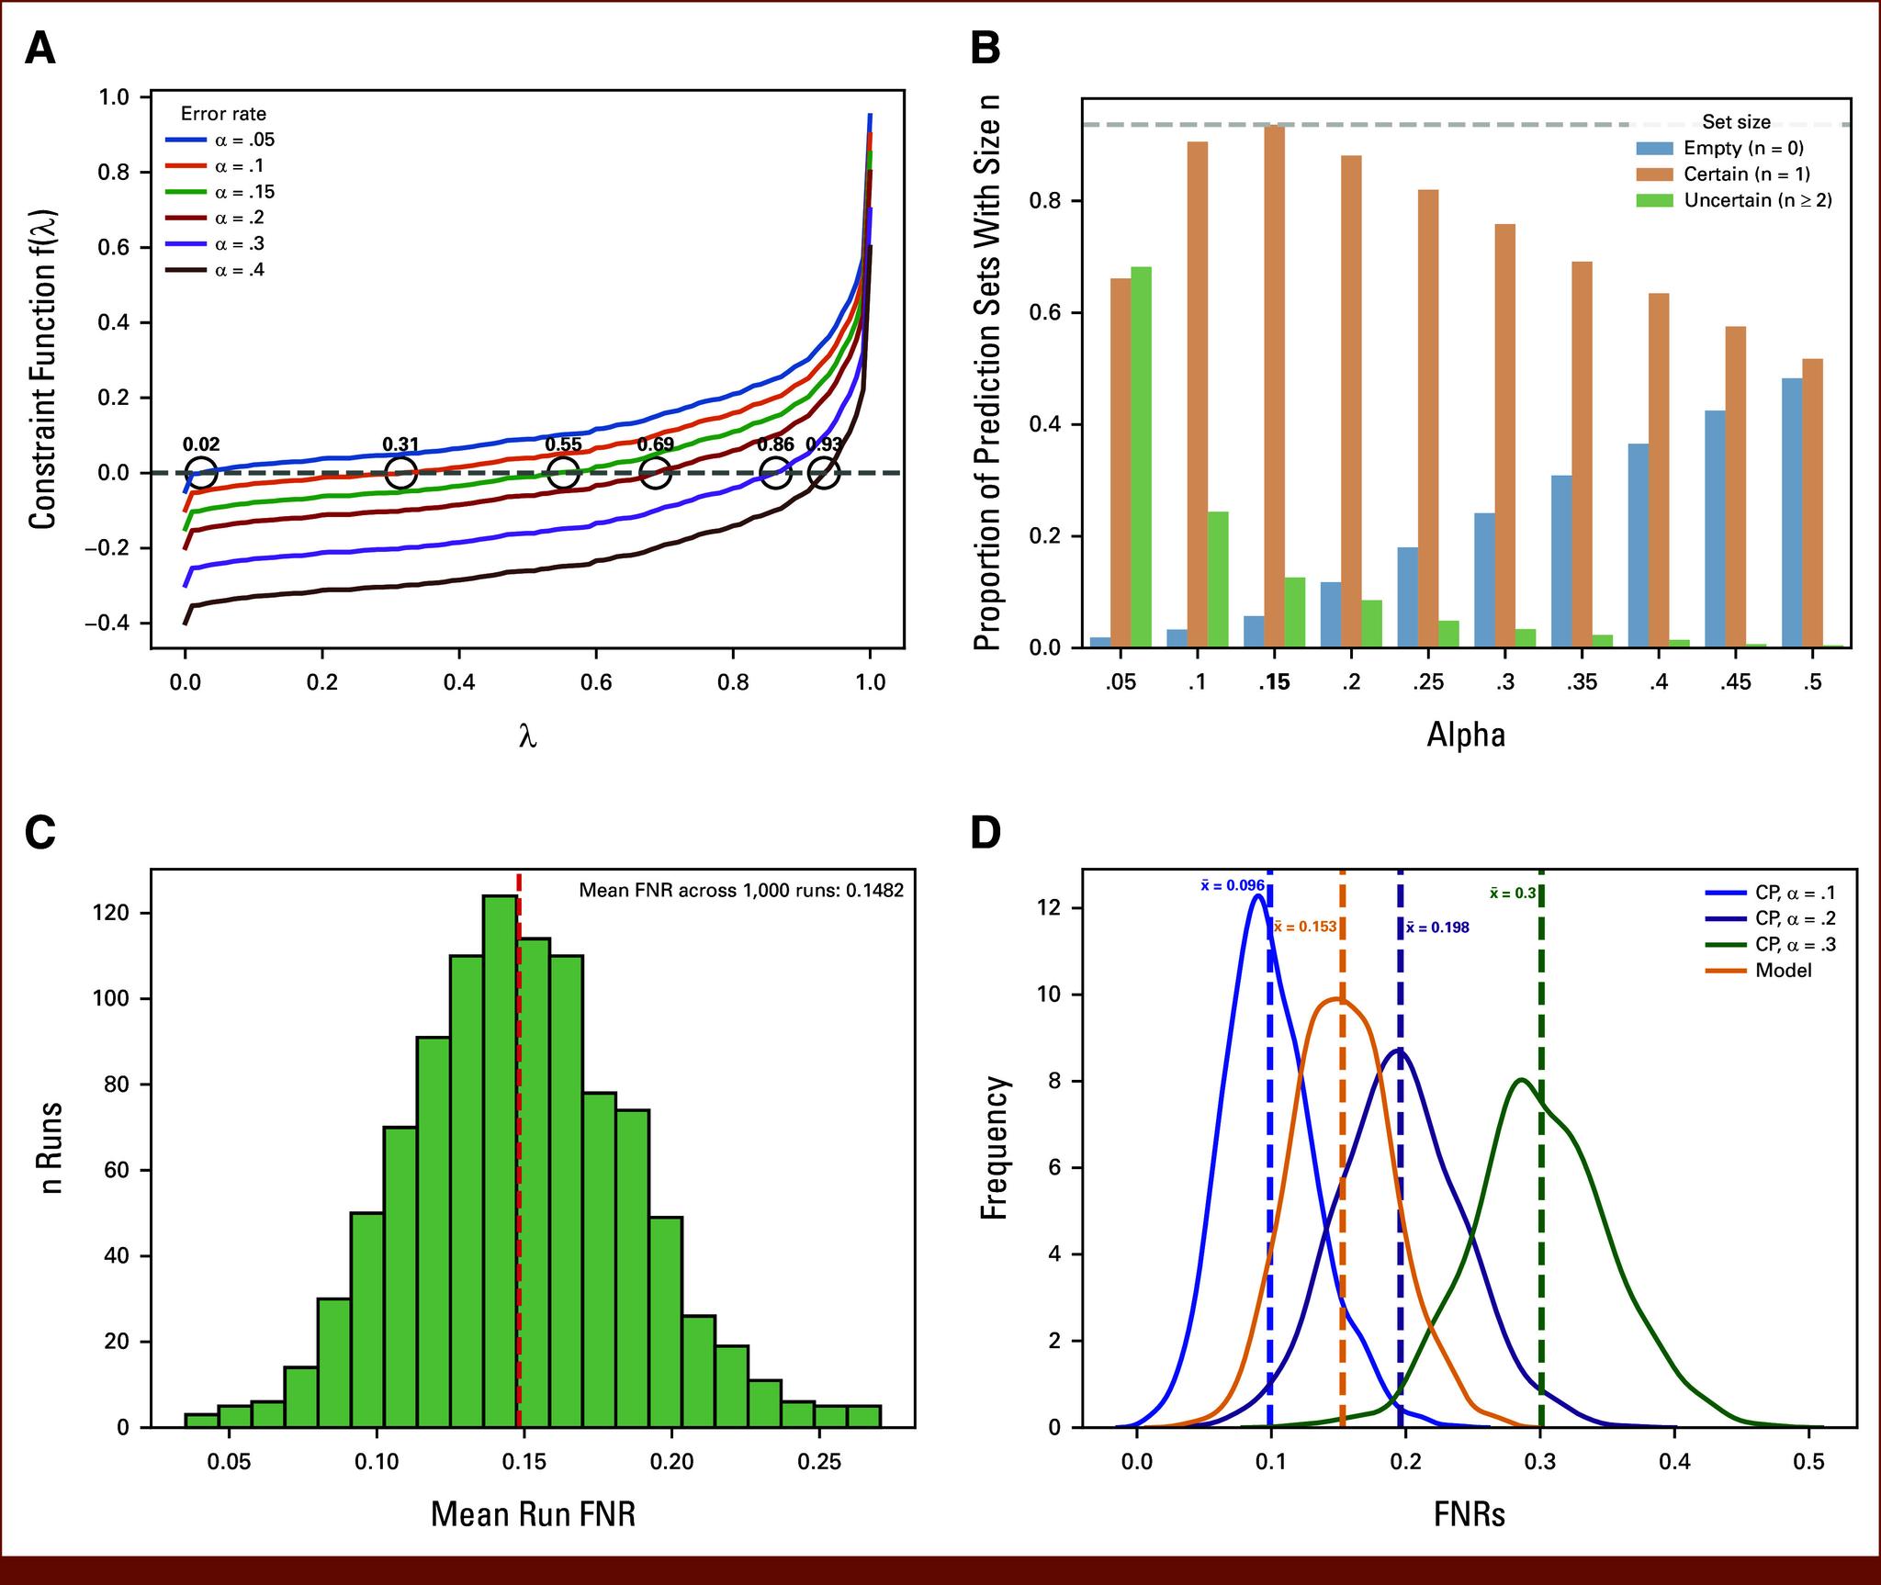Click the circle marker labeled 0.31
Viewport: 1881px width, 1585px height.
[x=400, y=474]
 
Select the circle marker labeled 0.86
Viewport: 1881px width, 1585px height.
[x=776, y=474]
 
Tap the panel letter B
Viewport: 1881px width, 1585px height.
[x=986, y=49]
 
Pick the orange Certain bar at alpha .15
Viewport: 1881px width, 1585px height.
[x=1274, y=386]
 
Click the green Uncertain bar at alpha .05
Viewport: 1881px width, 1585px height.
[x=1141, y=456]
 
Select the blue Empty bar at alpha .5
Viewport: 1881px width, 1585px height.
[x=1791, y=512]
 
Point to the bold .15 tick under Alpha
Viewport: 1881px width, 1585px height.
[x=1272, y=682]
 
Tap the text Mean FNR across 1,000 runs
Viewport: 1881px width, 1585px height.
[x=740, y=890]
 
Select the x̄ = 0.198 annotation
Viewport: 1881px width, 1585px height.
[x=1437, y=927]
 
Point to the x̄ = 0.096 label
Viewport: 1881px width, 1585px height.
[x=1232, y=886]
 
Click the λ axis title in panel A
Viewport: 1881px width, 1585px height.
[x=527, y=736]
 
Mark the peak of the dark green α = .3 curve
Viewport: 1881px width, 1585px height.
[x=1521, y=1080]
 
